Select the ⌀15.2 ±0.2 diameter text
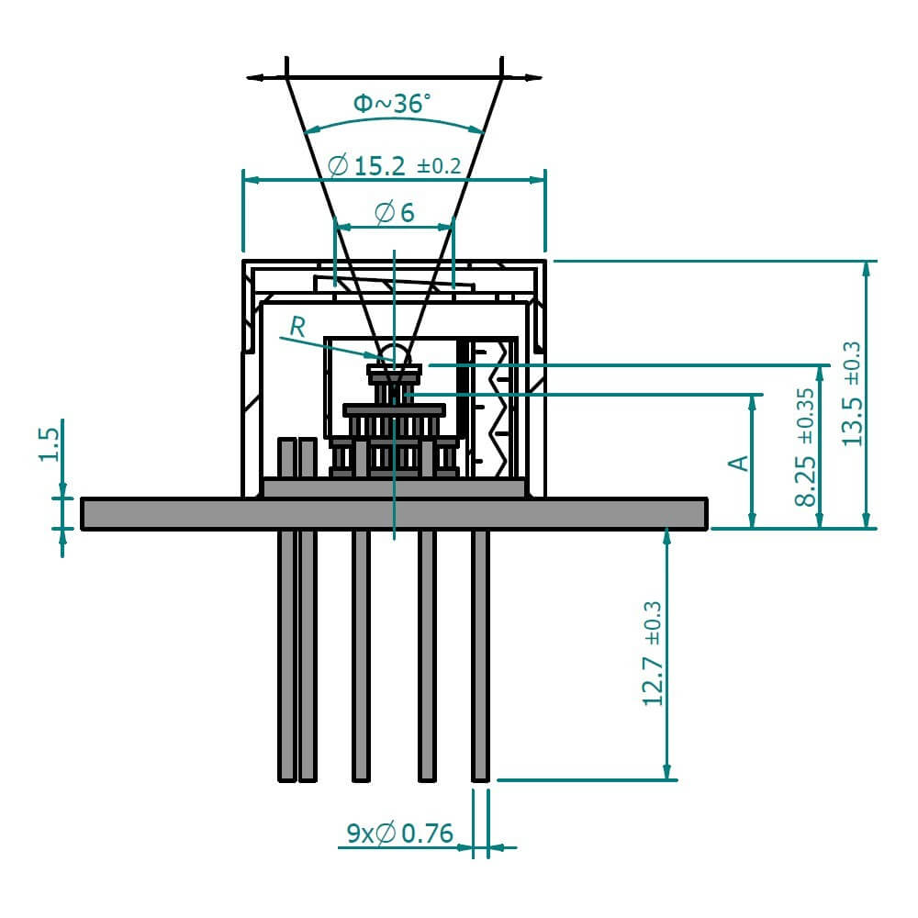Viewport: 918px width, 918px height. [x=393, y=166]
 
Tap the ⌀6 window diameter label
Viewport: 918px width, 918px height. [x=395, y=213]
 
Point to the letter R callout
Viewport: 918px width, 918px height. [x=297, y=325]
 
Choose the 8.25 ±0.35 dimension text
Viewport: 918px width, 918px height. [x=805, y=446]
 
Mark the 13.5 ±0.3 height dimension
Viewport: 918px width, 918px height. [x=853, y=394]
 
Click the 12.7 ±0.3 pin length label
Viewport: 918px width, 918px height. [x=653, y=654]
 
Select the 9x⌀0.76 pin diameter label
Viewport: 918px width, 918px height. [x=400, y=834]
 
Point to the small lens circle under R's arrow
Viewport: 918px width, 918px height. [x=395, y=354]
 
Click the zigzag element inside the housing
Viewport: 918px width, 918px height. [x=501, y=404]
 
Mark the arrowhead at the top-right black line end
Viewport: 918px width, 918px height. [x=533, y=78]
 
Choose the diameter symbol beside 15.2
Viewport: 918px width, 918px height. [x=338, y=166]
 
